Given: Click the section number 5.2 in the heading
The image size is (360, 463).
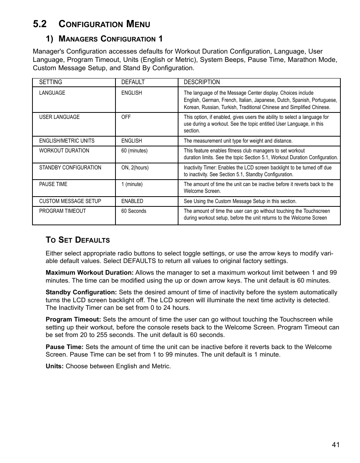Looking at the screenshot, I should coord(40,24).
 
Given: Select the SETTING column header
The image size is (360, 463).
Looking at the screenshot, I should coord(51,82).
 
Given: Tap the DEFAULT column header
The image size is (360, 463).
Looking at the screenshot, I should coord(133,82).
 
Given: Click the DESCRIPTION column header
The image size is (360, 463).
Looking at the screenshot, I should coord(202,82).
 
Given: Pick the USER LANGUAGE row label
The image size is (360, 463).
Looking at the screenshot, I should coord(59,117).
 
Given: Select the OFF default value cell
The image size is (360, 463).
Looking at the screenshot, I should coord(126,117).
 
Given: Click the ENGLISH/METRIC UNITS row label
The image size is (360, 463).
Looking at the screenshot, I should coord(67,141).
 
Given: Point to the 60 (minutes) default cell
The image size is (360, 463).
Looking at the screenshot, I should coord(134,151).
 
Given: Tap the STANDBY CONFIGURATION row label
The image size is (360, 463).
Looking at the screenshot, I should coord(70,168).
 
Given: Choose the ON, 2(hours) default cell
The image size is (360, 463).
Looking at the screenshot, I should coord(135,168).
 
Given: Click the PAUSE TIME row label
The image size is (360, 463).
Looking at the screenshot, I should coord(53,184).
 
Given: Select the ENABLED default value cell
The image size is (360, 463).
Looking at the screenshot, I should coord(132,201).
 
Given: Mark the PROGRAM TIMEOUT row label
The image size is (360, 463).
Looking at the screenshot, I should coord(62,211).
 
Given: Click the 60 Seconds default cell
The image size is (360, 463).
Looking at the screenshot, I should coord(134,211).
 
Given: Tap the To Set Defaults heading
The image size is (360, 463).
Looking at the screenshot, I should coord(78,240).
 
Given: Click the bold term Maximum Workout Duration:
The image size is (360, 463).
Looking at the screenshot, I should coord(89,272).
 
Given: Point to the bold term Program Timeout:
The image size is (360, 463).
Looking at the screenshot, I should coord(73,320).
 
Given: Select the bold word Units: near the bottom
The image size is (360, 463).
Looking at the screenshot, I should coord(55,366).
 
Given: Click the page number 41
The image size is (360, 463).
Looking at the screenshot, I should coord(336,445).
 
